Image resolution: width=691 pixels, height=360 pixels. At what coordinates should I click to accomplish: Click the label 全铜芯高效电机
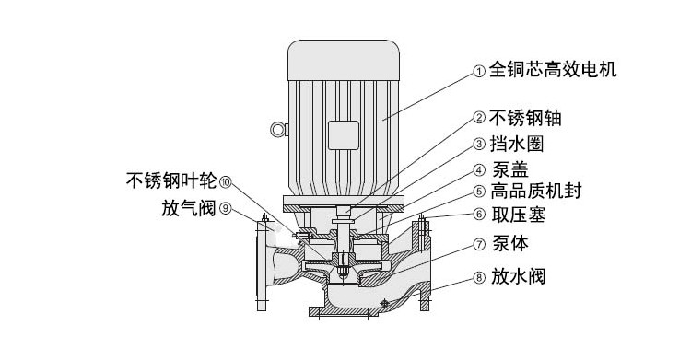553,70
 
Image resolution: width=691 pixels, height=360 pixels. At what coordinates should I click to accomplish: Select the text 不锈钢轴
525,118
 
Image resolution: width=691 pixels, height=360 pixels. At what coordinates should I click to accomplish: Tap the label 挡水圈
517,144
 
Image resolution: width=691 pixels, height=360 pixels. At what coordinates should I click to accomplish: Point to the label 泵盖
509,169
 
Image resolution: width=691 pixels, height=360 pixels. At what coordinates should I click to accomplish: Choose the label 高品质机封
536,192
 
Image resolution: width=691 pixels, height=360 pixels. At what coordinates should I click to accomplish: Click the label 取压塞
519,215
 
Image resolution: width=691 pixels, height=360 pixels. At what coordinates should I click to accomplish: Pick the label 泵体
509,243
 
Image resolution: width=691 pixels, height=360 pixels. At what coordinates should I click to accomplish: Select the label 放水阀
518,277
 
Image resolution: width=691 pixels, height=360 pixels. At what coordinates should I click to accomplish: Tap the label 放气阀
189,208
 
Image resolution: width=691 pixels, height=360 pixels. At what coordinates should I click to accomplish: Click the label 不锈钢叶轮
171,180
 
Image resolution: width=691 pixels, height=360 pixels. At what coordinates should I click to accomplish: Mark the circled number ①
479,71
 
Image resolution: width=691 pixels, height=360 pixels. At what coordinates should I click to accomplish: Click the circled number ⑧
479,278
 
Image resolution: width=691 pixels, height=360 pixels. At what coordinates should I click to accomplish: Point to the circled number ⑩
225,181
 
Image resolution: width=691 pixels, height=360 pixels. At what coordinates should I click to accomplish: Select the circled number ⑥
479,215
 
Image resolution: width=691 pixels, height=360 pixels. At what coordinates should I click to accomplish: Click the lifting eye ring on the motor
277,130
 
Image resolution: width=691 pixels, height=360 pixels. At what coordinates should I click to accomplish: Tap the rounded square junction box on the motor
344,135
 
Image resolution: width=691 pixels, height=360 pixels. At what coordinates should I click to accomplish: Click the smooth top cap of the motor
344,61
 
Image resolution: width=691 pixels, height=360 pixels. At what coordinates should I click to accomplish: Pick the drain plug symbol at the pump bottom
384,303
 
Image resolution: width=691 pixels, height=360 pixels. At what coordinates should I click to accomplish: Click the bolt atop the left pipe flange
264,217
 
